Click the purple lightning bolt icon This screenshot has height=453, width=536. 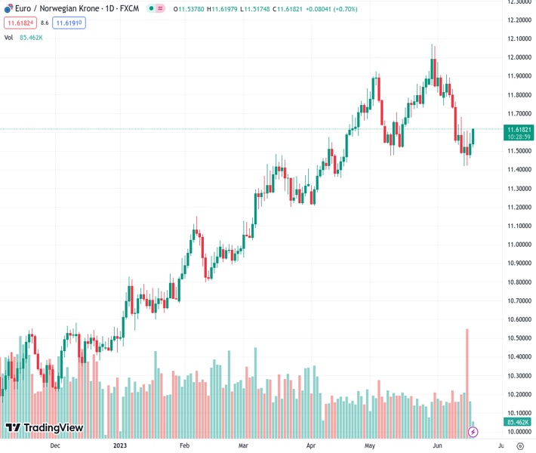[473, 432]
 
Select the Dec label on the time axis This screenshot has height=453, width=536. [54, 445]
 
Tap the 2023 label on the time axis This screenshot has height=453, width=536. [120, 445]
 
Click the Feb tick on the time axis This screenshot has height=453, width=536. [184, 445]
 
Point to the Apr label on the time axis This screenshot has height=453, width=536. [310, 445]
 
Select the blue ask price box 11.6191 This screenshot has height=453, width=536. [69, 23]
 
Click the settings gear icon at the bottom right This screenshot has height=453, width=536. [520, 445]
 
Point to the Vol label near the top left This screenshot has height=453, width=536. [9, 37]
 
